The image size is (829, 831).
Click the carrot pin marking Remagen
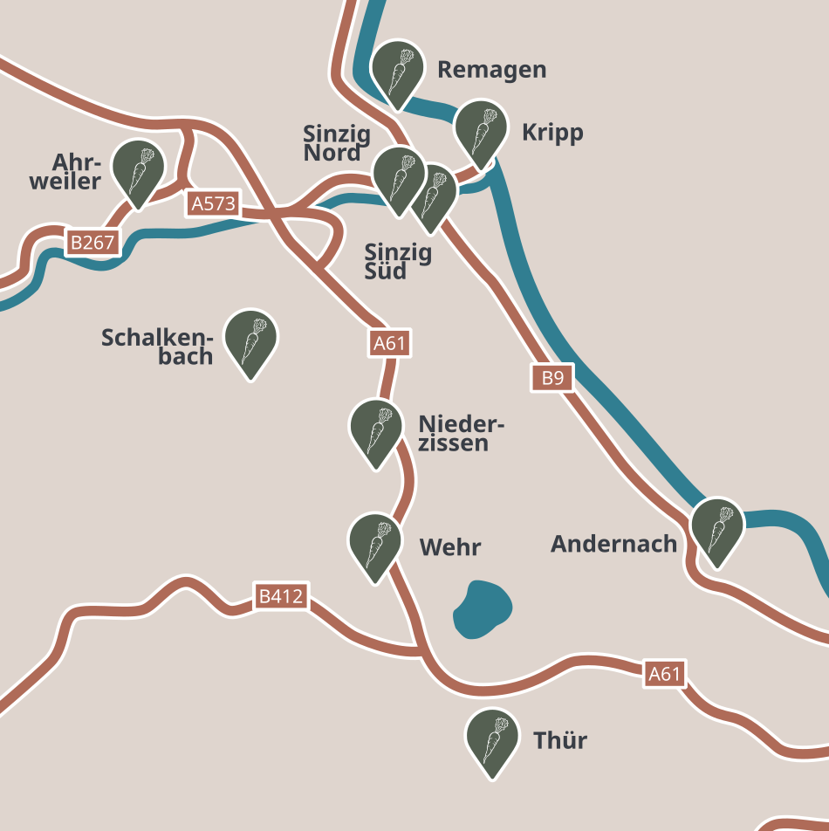click(x=398, y=71)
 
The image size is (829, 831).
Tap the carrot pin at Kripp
click(x=481, y=131)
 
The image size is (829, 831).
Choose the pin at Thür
click(x=492, y=739)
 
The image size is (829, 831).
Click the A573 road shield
click(x=213, y=204)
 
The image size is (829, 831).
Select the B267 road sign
click(x=92, y=243)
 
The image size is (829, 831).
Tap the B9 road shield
click(x=552, y=378)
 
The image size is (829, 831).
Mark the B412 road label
click(x=281, y=597)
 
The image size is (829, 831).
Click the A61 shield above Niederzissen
click(x=389, y=343)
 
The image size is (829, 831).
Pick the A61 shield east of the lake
click(x=664, y=674)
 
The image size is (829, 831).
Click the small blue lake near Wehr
click(x=482, y=609)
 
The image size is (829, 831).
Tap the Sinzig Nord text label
click(x=336, y=143)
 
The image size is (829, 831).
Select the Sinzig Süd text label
click(x=397, y=262)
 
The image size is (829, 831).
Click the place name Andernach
click(x=613, y=544)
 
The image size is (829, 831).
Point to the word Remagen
click(x=491, y=70)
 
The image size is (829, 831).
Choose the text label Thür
click(x=560, y=741)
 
